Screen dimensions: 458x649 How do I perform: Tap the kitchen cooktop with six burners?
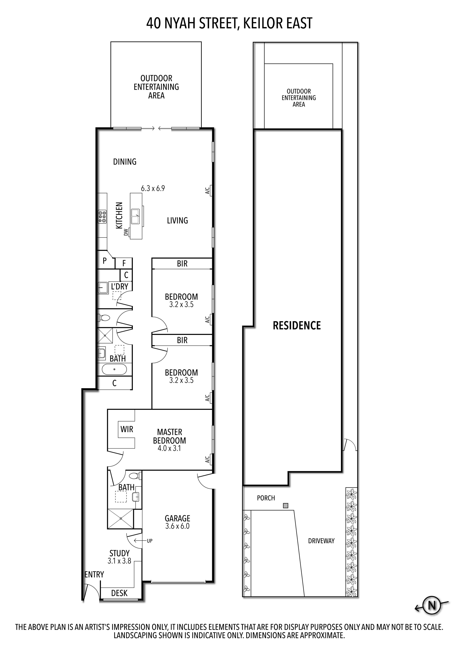point(102,217)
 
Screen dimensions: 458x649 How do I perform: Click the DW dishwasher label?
point(126,232)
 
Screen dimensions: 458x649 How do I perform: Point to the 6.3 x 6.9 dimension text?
point(153,188)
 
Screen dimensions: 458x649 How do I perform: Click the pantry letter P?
point(105,261)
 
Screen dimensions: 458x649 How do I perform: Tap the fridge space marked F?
point(124,263)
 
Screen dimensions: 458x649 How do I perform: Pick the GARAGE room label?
point(177,518)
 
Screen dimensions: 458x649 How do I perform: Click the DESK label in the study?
point(119,593)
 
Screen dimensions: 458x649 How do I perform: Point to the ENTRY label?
point(94,574)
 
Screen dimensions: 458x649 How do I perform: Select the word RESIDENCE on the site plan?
point(297,326)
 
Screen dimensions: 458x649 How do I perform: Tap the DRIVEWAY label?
point(321,541)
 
